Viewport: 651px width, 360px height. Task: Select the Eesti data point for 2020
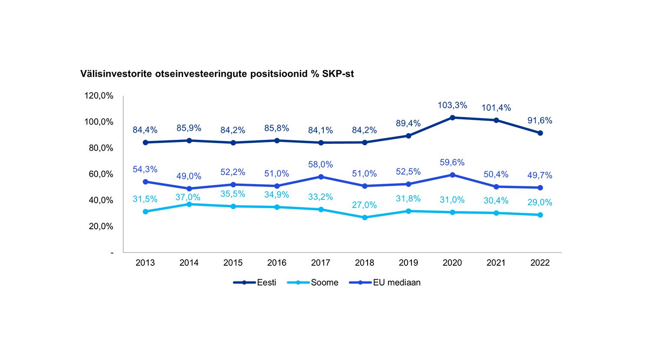pos(452,118)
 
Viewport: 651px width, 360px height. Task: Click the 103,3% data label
pos(452,106)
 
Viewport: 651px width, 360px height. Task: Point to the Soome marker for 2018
pos(365,218)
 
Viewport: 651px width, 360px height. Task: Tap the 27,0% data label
pos(364,205)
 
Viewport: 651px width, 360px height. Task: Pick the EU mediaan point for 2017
pos(321,177)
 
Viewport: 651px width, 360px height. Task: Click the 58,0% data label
pos(320,165)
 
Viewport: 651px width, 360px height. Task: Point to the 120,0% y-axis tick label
pos(99,96)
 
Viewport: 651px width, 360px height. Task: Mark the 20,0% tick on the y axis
pos(101,226)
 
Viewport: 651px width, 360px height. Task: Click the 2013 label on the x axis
pos(145,263)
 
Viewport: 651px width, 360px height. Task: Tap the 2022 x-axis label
pos(540,263)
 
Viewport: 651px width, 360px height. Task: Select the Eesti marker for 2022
pos(540,133)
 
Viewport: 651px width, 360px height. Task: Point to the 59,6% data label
pos(452,162)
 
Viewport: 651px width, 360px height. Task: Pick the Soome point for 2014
pos(189,204)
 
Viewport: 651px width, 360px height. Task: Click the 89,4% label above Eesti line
pos(408,124)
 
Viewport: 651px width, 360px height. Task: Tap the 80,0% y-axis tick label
pos(101,148)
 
